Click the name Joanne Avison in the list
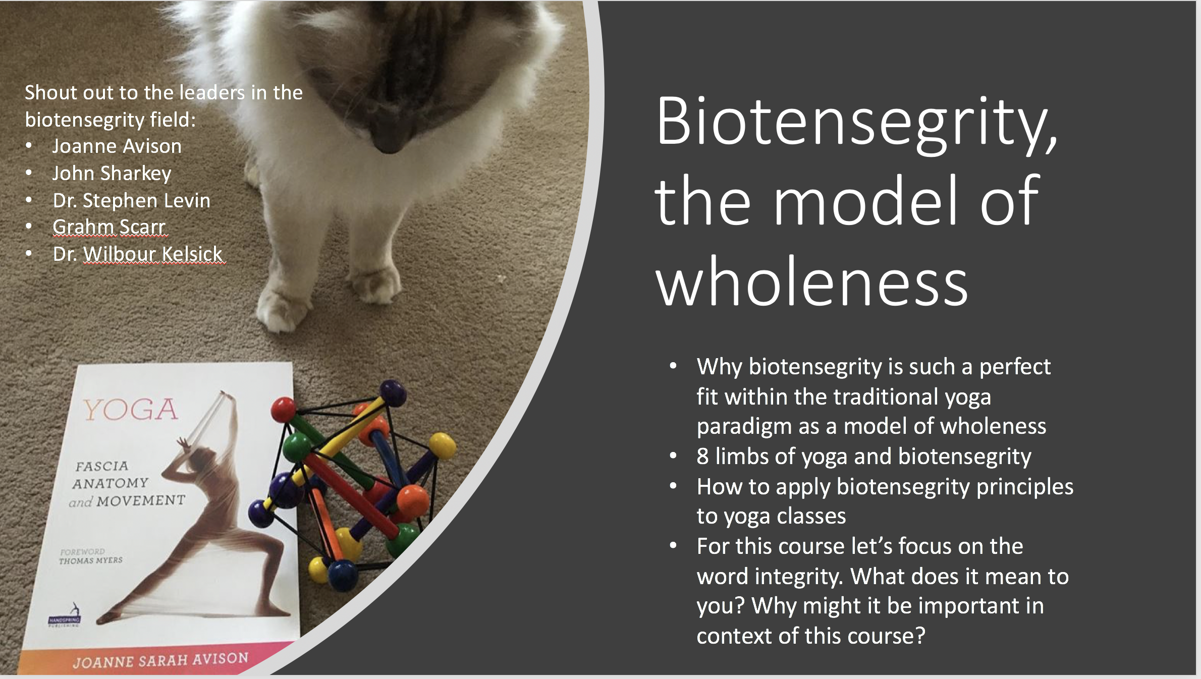[x=117, y=146]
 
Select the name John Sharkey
[x=112, y=174]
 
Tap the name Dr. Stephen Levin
[x=132, y=200]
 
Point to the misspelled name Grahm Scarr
[x=110, y=227]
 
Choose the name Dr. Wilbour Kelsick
[x=138, y=254]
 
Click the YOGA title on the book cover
[x=131, y=410]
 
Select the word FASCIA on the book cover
[x=102, y=466]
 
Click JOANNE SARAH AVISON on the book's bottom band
[x=160, y=660]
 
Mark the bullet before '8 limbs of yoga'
[x=673, y=457]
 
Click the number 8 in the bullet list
[x=703, y=457]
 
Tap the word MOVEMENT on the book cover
[x=141, y=501]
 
